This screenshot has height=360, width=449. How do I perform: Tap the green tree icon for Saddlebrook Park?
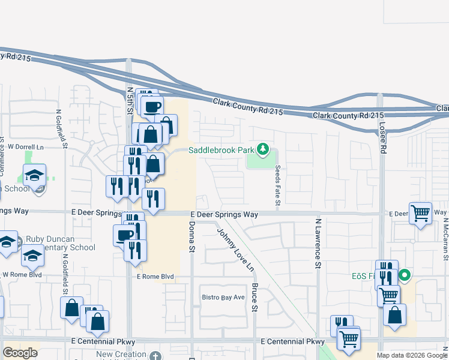coord(262,149)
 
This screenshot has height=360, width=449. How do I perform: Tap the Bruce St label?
coord(255,298)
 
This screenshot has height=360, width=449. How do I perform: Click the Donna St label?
coord(192,236)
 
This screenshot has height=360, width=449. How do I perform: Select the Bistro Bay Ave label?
coord(223,297)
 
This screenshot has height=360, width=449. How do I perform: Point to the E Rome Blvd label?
coord(155,277)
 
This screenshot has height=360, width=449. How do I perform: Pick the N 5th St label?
coord(130,100)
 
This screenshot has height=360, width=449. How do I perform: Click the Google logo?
coord(20,353)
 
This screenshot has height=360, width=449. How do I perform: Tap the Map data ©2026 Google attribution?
coord(411,355)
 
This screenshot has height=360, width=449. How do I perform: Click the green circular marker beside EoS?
coord(405,276)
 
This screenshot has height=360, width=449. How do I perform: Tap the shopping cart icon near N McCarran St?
coord(420,213)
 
